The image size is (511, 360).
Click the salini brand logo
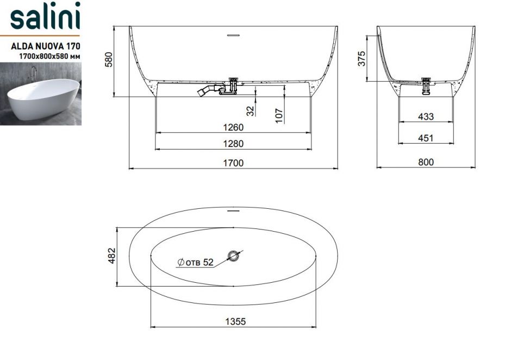(45, 16)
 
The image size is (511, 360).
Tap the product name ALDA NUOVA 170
(45, 46)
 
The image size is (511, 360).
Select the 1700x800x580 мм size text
(49, 56)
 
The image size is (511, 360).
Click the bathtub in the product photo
(43, 98)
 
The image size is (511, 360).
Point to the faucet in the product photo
(33, 74)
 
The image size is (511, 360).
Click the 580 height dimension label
(109, 59)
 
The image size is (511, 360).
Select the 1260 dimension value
(233, 127)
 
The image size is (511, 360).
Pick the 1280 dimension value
(233, 144)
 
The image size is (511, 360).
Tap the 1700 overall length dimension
(233, 163)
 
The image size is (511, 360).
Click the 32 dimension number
(250, 111)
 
